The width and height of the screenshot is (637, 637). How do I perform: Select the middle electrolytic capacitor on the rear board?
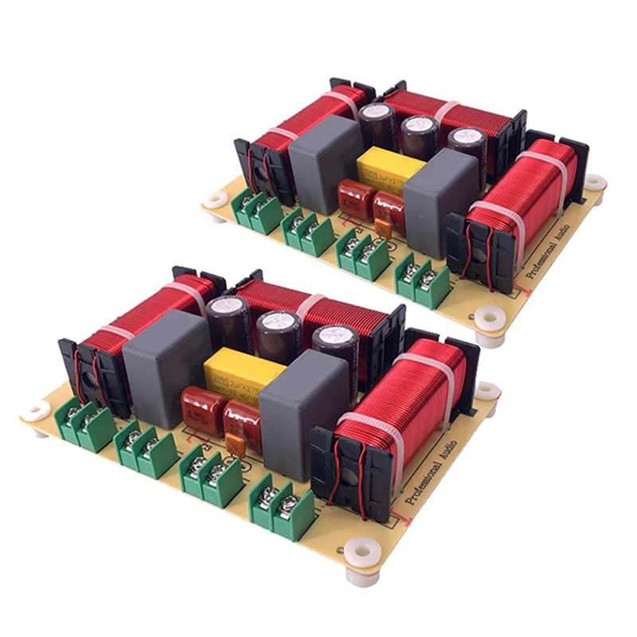(x=418, y=135)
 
